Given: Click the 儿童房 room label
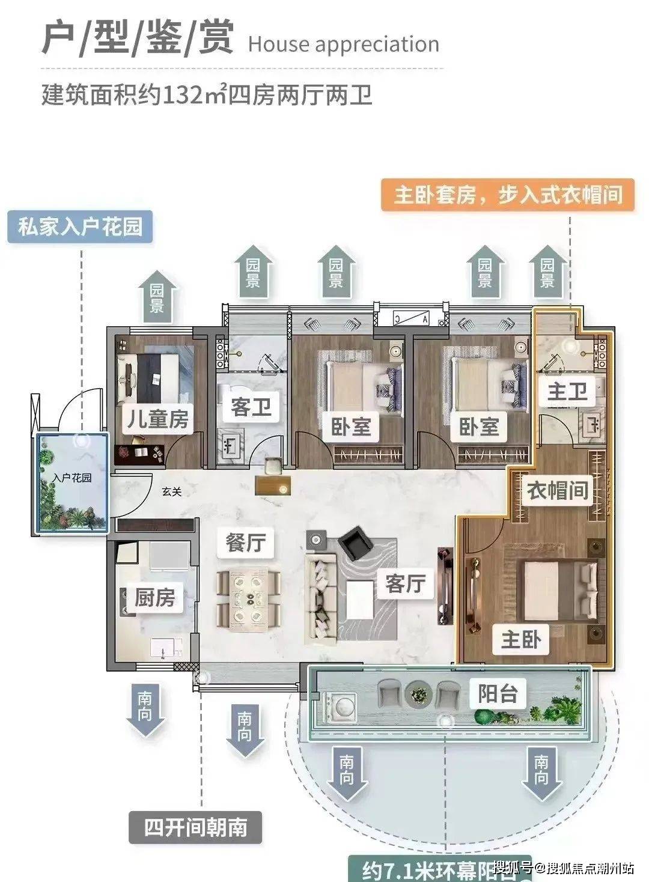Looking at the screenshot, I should pos(157,419).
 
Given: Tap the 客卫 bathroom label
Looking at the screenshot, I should pos(251,407).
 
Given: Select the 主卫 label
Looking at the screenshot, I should pos(567,392).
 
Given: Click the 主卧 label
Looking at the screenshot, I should pos(521,639).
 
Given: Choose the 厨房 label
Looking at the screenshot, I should pos(155,597).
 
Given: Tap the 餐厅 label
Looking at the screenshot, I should pos(246,543).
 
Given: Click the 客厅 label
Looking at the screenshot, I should pos(406,582).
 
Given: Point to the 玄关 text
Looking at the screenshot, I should pos(172,491).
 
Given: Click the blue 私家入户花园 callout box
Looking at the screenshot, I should pos(80,227).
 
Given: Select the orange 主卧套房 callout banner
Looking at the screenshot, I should pos(508,195).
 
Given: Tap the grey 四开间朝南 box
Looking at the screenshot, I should pos(196,827).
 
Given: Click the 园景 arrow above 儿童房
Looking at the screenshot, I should pos(157,297).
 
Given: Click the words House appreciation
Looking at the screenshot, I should pos(343,44).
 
